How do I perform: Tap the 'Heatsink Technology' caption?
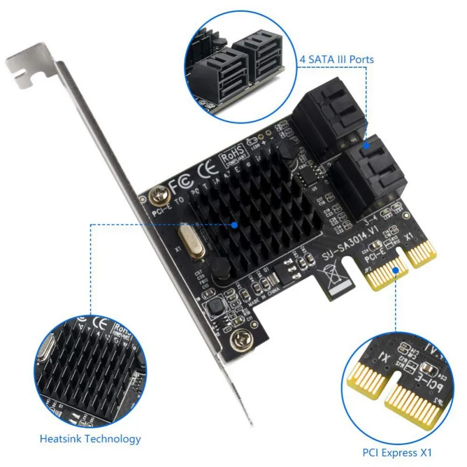coord(90,439)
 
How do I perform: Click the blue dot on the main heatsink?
coord(235,224)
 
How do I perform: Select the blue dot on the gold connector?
coord(398,270)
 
